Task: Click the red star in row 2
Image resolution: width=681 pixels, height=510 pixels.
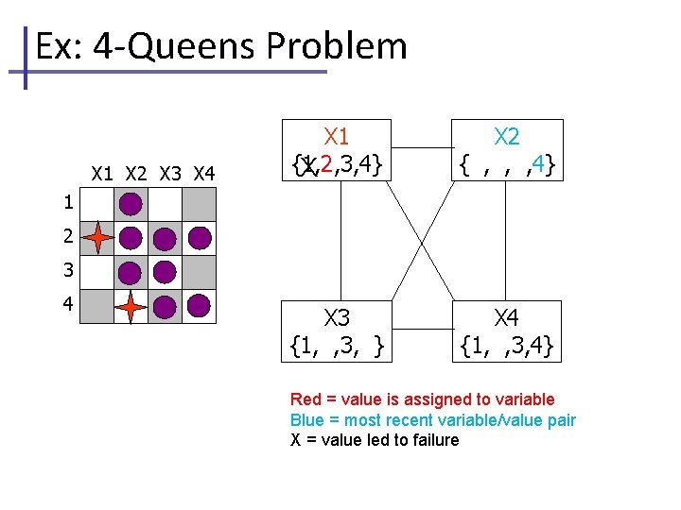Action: pyautogui.click(x=97, y=238)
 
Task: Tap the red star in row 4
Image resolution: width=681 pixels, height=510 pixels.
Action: pyautogui.click(x=131, y=306)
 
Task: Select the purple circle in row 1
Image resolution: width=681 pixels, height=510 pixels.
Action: pyautogui.click(x=131, y=203)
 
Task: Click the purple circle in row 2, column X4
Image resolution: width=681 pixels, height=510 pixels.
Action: pyautogui.click(x=199, y=238)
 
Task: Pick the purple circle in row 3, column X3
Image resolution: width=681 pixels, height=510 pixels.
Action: pyautogui.click(x=165, y=272)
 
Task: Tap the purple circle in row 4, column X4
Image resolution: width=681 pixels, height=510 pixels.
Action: pyautogui.click(x=199, y=305)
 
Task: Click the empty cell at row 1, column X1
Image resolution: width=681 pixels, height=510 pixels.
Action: pyautogui.click(x=97, y=204)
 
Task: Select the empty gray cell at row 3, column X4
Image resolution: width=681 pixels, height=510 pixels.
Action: pyautogui.click(x=199, y=272)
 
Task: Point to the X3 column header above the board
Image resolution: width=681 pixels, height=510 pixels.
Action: pyautogui.click(x=170, y=174)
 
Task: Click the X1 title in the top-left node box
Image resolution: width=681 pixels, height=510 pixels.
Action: pyautogui.click(x=337, y=138)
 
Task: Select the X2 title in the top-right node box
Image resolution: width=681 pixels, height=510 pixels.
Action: pyautogui.click(x=507, y=138)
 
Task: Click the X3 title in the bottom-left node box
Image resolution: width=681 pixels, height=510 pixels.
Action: pyautogui.click(x=337, y=317)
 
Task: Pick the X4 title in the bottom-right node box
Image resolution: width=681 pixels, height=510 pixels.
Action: pyautogui.click(x=507, y=317)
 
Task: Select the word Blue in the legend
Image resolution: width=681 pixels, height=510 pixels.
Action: pyautogui.click(x=306, y=420)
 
